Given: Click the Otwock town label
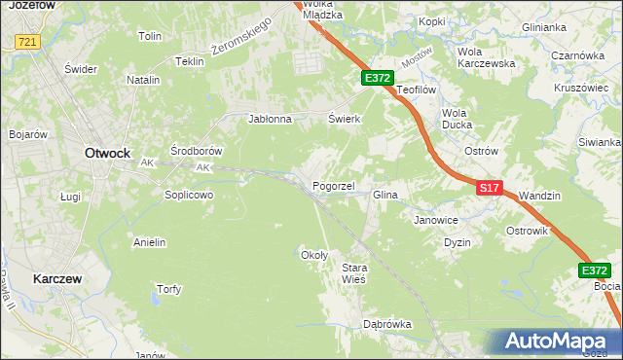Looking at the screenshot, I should (x=107, y=153).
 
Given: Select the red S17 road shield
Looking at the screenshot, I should (x=490, y=188).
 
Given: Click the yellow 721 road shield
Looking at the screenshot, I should (x=27, y=42).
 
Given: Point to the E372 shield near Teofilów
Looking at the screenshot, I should (x=378, y=78).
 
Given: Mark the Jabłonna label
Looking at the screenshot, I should (x=271, y=120).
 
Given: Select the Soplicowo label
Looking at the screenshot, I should (x=188, y=195).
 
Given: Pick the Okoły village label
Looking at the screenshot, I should (x=314, y=255).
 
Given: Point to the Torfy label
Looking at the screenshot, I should (x=168, y=289).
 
